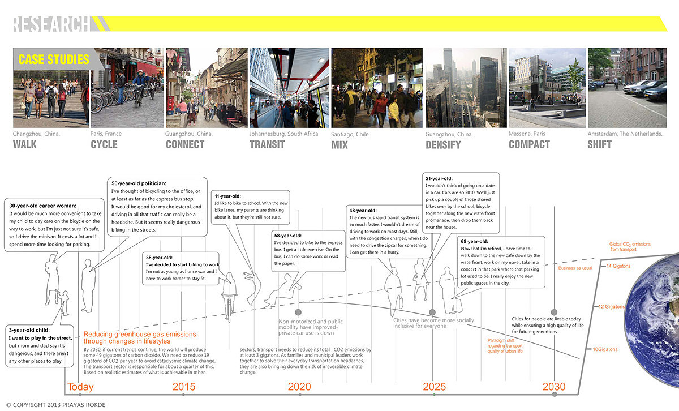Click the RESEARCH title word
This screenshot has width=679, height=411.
tap(50, 24)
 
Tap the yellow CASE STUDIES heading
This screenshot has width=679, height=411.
tap(54, 59)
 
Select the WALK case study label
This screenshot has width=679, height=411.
tap(25, 144)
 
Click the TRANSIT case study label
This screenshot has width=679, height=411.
tap(267, 144)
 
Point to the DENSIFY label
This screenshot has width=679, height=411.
tap(443, 145)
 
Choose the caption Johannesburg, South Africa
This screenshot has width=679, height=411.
tap(283, 134)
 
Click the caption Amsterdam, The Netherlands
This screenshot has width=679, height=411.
tap(625, 134)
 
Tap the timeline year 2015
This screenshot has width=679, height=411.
tap(184, 387)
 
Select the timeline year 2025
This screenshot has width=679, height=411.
tap(434, 387)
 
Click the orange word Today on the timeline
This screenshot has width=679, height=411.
tap(80, 387)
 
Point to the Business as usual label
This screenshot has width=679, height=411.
tap(575, 268)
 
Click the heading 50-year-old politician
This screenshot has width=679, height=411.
tap(139, 183)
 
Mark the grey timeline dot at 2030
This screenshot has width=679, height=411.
tap(554, 393)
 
